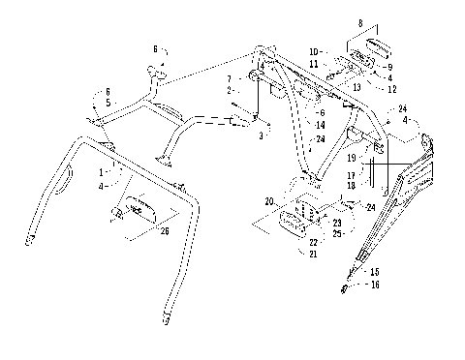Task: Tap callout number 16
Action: coord(375,286)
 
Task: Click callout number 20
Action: coord(270,202)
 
